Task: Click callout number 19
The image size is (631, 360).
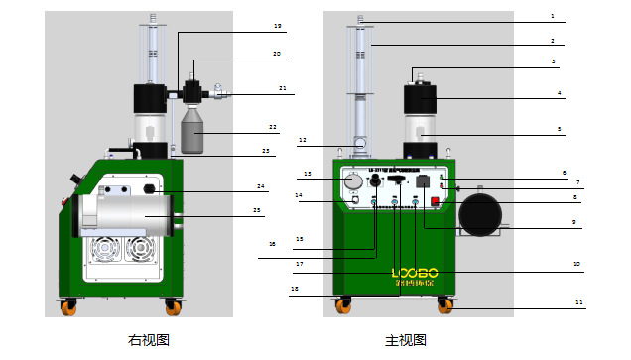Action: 277,25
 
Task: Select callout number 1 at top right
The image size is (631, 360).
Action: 580,18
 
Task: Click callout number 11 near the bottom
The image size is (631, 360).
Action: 580,300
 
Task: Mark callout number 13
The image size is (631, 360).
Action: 308,174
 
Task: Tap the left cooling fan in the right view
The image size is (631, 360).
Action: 107,254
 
